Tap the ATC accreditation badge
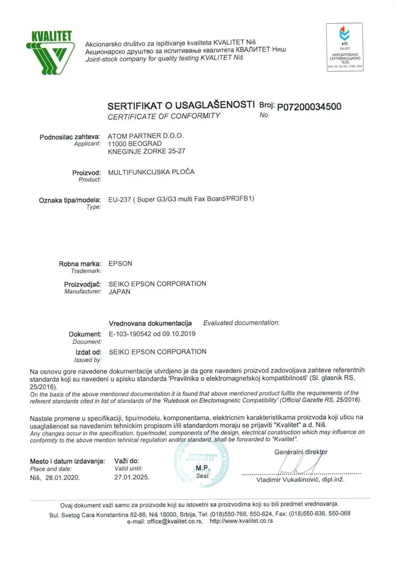[x=345, y=47]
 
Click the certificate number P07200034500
[x=309, y=107]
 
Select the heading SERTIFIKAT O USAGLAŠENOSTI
[x=181, y=105]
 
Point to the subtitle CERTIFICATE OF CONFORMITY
[x=164, y=116]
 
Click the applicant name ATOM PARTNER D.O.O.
[x=145, y=136]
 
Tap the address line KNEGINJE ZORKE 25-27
[x=146, y=151]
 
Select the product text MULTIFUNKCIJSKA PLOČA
[x=151, y=172]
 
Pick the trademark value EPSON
[x=120, y=264]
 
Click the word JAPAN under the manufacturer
[x=119, y=292]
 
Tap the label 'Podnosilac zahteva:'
[x=70, y=137]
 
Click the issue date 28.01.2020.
[x=62, y=478]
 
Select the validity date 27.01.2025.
[x=132, y=477]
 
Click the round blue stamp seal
[x=201, y=464]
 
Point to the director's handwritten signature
[x=298, y=465]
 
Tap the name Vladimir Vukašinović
[x=288, y=480]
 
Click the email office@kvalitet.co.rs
[x=165, y=522]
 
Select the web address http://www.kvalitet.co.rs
[x=241, y=521]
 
